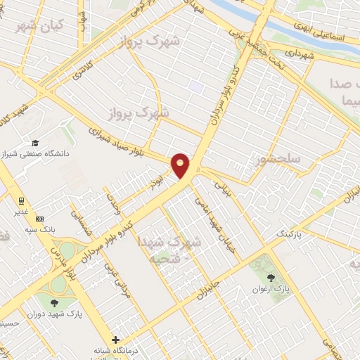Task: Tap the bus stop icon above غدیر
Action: [22, 199]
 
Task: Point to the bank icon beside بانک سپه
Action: [39, 218]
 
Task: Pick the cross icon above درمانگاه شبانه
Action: [116, 339]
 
